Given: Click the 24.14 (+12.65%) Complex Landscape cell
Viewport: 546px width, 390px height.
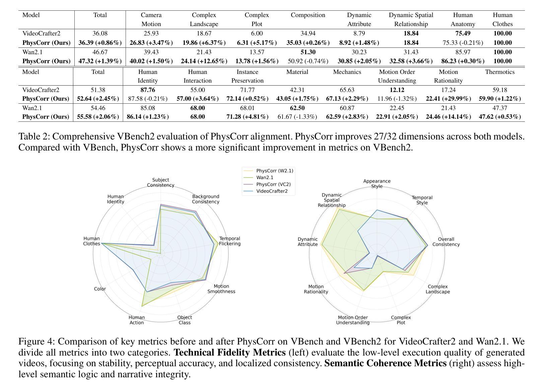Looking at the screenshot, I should tap(204, 61).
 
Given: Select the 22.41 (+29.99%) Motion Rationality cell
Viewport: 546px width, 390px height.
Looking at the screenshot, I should tap(448, 99).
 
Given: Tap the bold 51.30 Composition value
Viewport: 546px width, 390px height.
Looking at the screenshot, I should tap(308, 52).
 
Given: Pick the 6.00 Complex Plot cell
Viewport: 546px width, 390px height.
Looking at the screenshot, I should tap(257, 33).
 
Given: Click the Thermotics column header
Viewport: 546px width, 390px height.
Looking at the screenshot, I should tap(499, 72).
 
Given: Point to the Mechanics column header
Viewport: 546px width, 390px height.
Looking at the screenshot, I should tap(347, 72).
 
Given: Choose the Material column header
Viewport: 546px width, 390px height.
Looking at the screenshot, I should tap(297, 72).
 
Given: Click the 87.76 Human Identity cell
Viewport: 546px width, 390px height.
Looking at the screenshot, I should tap(148, 90).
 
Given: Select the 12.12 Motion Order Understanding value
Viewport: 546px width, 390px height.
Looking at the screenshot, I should tap(397, 90).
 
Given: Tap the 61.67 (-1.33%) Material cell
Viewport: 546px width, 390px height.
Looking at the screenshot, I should tap(297, 117).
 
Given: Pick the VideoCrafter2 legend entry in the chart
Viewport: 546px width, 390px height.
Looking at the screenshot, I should tap(272, 191).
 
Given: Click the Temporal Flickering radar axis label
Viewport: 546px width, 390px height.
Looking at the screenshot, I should tap(229, 241).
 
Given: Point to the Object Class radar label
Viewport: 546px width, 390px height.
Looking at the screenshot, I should tap(185, 320).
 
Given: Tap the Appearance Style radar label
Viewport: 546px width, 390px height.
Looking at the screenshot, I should tap(377, 184).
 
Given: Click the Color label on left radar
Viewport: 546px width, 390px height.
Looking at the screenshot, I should tap(100, 289).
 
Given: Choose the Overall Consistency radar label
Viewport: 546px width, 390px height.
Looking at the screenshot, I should tap(446, 242).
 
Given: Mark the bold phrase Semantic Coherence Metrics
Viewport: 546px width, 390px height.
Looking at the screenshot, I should tap(385, 363).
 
